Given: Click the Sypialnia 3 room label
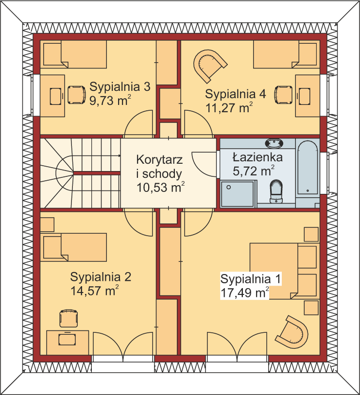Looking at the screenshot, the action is [120, 86].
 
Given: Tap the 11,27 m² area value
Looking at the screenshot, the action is [229, 107].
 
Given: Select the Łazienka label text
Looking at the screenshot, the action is [257, 157].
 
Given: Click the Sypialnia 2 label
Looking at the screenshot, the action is [101, 277].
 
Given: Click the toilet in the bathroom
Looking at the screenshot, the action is [276, 191].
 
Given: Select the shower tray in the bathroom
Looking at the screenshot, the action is [237, 194].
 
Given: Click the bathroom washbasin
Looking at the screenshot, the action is [274, 143].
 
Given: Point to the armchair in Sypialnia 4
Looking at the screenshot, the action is [209, 65].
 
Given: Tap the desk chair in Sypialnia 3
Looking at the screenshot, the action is [76, 95].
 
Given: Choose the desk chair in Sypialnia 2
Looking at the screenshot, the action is [69, 318].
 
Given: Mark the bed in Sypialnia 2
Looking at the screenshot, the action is [75, 247].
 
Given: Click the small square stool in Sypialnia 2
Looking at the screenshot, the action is [47, 224].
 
